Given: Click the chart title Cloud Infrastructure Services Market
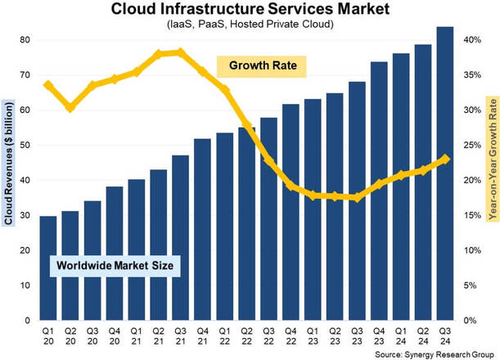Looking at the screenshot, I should [x=250, y=9].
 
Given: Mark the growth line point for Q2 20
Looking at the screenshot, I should [x=70, y=107].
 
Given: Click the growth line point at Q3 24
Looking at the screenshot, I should [x=445, y=160].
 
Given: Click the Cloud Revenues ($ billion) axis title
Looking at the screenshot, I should [x=8, y=162].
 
